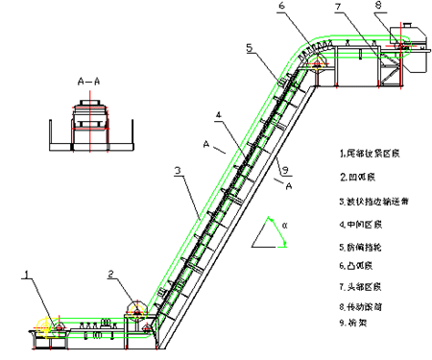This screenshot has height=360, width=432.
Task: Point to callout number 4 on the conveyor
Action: pyautogui.click(x=219, y=115)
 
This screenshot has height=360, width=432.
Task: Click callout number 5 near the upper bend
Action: pyautogui.click(x=249, y=46)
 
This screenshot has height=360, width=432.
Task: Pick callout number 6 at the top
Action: pyautogui.click(x=281, y=6)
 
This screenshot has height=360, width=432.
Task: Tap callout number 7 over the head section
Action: pyautogui.click(x=338, y=7)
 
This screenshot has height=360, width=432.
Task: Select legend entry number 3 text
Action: pyautogui.click(x=374, y=202)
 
